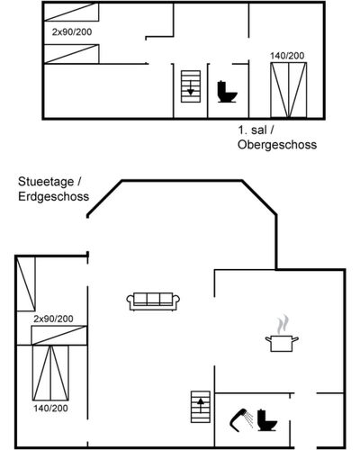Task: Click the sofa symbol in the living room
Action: (x=153, y=301)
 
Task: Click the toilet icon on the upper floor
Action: (x=227, y=92)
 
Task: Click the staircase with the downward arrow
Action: (x=191, y=86)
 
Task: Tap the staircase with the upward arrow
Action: (x=201, y=407)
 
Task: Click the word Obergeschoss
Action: (x=277, y=145)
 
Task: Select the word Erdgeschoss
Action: (x=54, y=196)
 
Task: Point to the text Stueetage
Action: (x=46, y=182)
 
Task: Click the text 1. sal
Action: (x=252, y=130)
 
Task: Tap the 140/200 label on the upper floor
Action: (x=287, y=56)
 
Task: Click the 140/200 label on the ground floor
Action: (x=50, y=409)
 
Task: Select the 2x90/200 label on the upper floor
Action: (x=72, y=31)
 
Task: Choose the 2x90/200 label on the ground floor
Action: (x=53, y=319)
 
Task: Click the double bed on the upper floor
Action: (x=289, y=90)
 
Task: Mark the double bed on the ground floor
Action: (x=50, y=373)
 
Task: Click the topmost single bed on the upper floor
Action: (x=71, y=12)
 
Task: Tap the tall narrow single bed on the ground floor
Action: (x=26, y=283)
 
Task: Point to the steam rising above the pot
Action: (x=282, y=324)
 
